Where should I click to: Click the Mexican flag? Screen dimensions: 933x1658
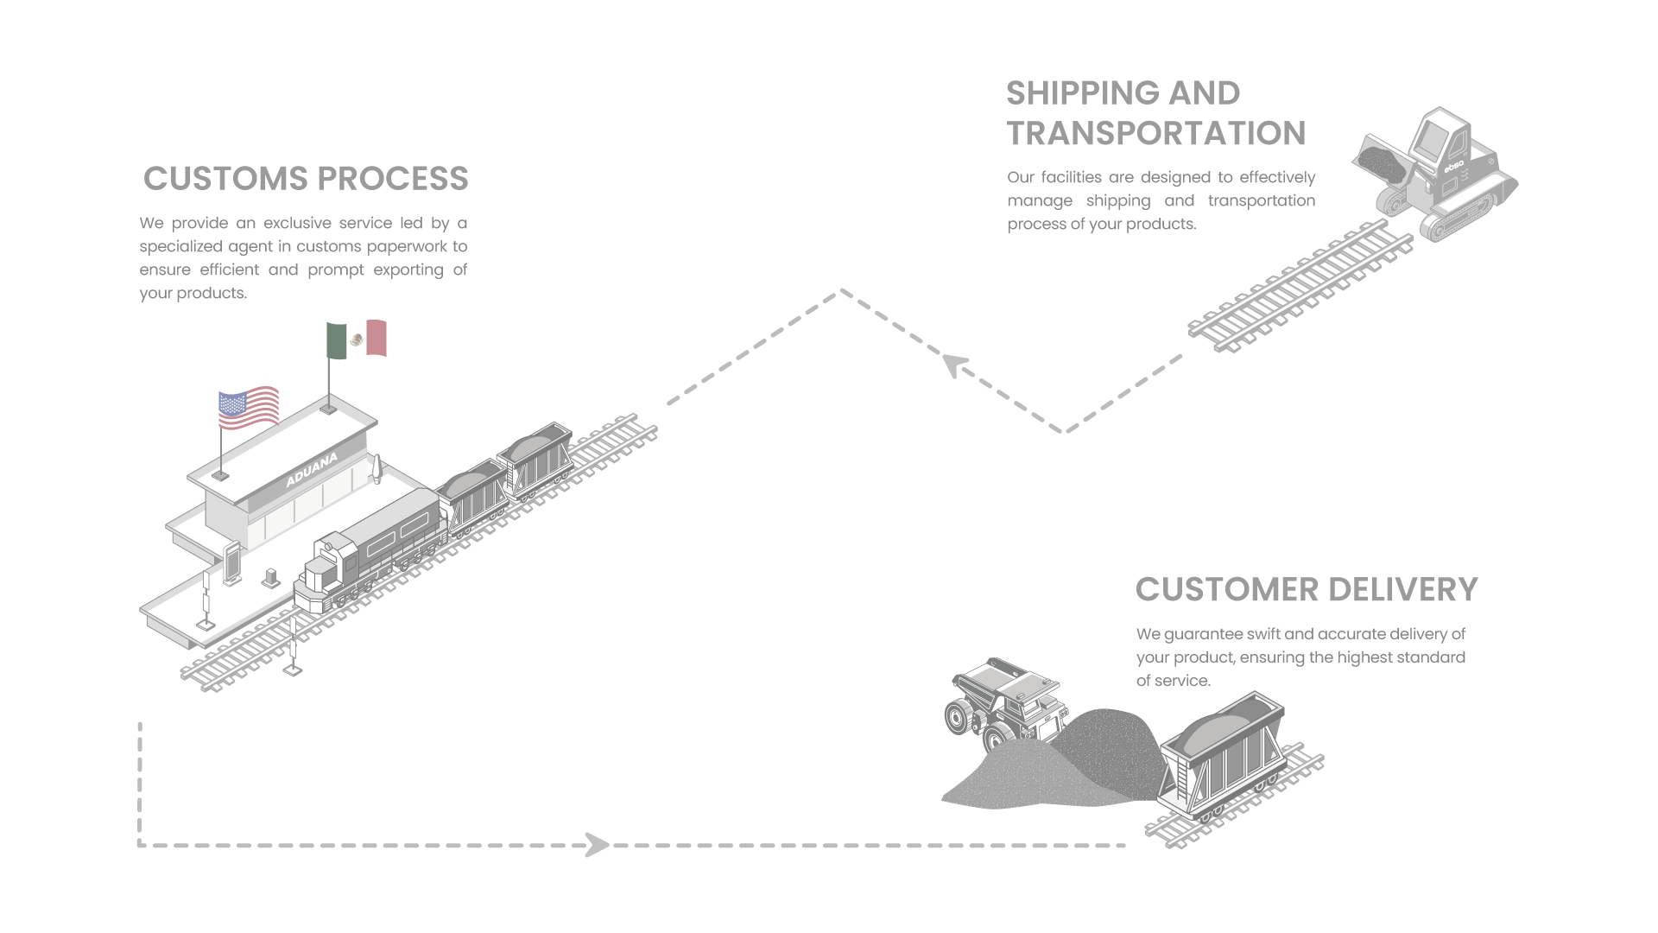click(x=357, y=339)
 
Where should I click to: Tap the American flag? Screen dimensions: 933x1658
click(x=249, y=408)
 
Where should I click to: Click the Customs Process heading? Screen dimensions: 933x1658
click(x=306, y=179)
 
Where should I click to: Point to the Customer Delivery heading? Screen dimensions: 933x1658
click(x=1306, y=589)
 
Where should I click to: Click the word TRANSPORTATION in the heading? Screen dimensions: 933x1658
click(x=1155, y=134)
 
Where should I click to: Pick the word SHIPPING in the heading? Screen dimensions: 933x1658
click(x=1079, y=93)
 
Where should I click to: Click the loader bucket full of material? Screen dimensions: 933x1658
click(x=1380, y=161)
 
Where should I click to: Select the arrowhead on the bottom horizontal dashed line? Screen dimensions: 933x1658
click(x=597, y=844)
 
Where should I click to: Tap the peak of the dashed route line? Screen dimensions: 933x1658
click(x=839, y=291)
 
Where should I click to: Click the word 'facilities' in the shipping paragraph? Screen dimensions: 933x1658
click(x=1071, y=178)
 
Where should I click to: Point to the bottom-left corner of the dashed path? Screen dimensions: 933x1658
click(x=140, y=844)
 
